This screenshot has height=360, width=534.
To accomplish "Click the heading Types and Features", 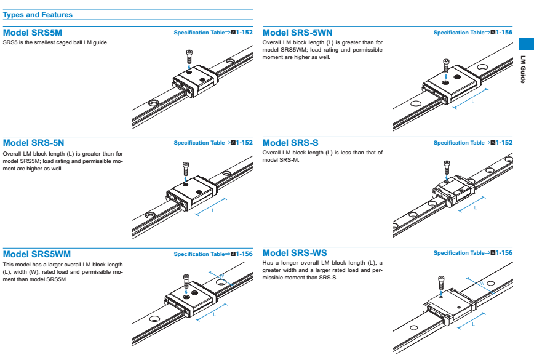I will coord(38,15).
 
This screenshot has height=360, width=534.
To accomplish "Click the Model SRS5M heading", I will coord(33,32).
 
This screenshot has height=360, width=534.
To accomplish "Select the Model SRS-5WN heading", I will coord(297,32).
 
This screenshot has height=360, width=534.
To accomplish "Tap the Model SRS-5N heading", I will coord(34,143).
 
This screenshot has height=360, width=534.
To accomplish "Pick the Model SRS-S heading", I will coord(291,143).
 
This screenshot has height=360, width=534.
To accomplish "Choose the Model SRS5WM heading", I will coord(37,254).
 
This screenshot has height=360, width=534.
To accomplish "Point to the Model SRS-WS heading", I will coord(295,253).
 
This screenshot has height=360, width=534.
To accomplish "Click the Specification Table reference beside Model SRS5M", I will coord(213,32).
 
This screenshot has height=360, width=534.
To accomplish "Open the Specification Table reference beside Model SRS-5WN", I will coord(472,32).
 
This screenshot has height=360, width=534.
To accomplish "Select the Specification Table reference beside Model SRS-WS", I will coord(472,253).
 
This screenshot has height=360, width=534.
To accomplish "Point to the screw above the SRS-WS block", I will coord(440,281).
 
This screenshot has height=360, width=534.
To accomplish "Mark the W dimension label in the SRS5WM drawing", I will coord(220,276).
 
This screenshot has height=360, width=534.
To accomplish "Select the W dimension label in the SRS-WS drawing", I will coord(482,284).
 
